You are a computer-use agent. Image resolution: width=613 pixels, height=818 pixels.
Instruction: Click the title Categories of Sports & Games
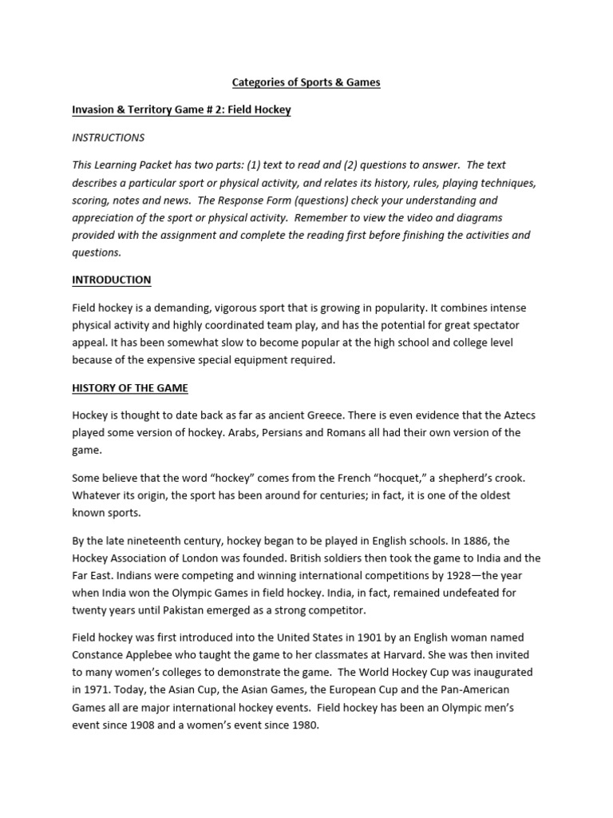pyautogui.click(x=306, y=82)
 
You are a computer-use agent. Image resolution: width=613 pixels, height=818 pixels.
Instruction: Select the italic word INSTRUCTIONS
pyautogui.click(x=109, y=137)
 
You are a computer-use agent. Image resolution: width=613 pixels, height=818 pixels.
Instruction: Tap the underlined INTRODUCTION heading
pyautogui.click(x=112, y=280)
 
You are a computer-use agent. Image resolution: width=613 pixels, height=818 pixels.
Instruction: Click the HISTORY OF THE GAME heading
pyautogui.click(x=130, y=388)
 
